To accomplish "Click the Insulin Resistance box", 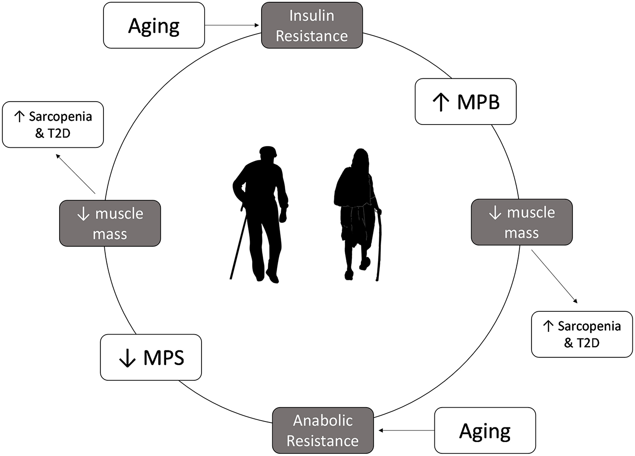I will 312,25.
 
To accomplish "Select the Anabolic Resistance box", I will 323,430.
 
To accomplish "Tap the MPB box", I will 466,102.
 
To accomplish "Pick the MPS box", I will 151,357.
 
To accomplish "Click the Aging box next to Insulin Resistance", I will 154,26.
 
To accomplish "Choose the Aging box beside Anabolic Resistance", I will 485,430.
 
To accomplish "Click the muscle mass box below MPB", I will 522,222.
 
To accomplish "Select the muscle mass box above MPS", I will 110,223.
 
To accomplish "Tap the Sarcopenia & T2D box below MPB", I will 582,334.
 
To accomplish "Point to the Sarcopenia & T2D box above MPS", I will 53,125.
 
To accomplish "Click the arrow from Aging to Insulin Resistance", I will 232,26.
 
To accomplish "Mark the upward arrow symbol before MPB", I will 441,102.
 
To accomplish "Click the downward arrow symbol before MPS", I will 128,358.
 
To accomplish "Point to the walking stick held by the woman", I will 379,246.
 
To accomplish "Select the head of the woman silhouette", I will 361,157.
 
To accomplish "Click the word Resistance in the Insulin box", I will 312,36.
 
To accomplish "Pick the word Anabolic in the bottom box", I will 323,420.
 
